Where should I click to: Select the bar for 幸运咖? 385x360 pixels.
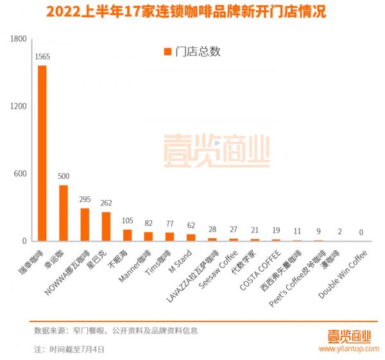click(x=64, y=213)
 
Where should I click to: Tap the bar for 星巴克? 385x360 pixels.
click(x=106, y=227)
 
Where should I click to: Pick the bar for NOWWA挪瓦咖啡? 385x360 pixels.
click(x=85, y=225)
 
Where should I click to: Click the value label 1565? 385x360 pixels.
click(x=42, y=56)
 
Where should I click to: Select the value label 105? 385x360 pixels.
click(x=127, y=221)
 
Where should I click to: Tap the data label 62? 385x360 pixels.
click(x=191, y=225)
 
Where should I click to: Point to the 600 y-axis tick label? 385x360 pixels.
click(x=20, y=174)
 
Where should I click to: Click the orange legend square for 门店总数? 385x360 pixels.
click(x=168, y=52)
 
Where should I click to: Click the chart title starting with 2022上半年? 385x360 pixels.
click(x=193, y=12)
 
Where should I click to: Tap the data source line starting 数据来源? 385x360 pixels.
click(x=116, y=330)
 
